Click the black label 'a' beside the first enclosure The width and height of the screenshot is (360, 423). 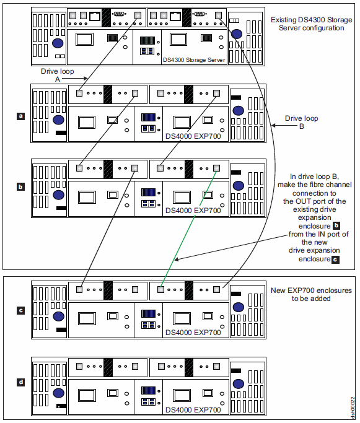20,116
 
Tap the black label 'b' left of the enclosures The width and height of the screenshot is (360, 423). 20,186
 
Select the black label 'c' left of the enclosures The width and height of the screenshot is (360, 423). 20,310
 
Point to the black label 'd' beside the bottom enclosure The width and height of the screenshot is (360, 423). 20,382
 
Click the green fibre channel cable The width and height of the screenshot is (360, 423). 188,229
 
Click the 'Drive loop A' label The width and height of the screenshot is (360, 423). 57,75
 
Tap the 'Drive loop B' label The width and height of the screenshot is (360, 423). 301,122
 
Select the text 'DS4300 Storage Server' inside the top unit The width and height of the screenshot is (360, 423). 194,60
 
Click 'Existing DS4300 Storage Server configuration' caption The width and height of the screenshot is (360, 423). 312,24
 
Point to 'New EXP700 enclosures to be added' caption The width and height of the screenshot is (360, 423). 311,294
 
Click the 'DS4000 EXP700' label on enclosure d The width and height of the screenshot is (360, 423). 193,410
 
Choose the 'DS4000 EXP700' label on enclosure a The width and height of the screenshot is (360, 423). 193,136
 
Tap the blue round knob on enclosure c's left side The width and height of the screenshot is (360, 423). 59,316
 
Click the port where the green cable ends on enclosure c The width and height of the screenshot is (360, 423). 160,289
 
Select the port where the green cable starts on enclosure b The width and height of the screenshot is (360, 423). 216,168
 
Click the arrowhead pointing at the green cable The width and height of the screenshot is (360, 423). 177,259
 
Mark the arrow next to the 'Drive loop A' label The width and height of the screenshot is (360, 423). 75,79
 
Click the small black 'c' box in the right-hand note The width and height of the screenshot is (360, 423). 335,259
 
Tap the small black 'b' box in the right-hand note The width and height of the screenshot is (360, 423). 336,225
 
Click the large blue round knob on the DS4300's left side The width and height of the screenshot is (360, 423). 58,43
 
